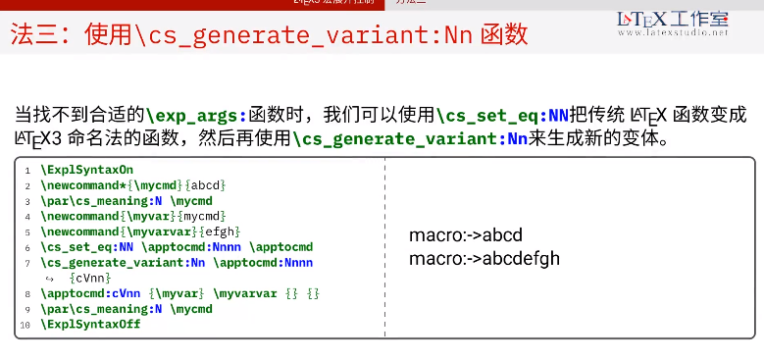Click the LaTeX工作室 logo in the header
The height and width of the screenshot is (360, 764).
pos(673,19)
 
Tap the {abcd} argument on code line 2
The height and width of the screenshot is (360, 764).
pos(208,184)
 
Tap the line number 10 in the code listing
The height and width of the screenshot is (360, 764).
pos(25,324)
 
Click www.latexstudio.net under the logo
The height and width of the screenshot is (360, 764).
pos(673,33)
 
